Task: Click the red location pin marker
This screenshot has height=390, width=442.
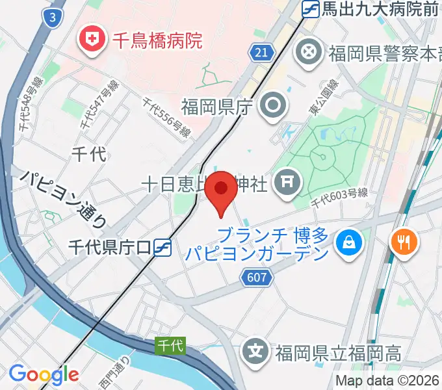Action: [x=222, y=190]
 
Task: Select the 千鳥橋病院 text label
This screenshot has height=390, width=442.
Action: [x=157, y=42]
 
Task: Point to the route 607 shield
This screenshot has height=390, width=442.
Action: [x=256, y=278]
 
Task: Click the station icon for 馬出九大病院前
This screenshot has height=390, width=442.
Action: [x=311, y=9]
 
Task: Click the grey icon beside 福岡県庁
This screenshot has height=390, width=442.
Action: [x=271, y=106]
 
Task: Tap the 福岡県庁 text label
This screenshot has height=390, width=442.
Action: [x=216, y=107]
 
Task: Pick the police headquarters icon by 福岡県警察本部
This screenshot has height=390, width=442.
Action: [x=311, y=52]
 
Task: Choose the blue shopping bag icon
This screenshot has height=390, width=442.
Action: [x=349, y=243]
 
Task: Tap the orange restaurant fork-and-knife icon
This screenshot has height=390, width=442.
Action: [x=404, y=242]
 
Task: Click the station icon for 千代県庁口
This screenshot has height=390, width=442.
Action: [x=163, y=247]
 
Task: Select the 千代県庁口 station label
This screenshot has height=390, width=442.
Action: [x=110, y=247]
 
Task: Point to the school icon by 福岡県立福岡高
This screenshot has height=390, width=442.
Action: [x=257, y=353]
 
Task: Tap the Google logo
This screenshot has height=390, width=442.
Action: [x=44, y=374]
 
